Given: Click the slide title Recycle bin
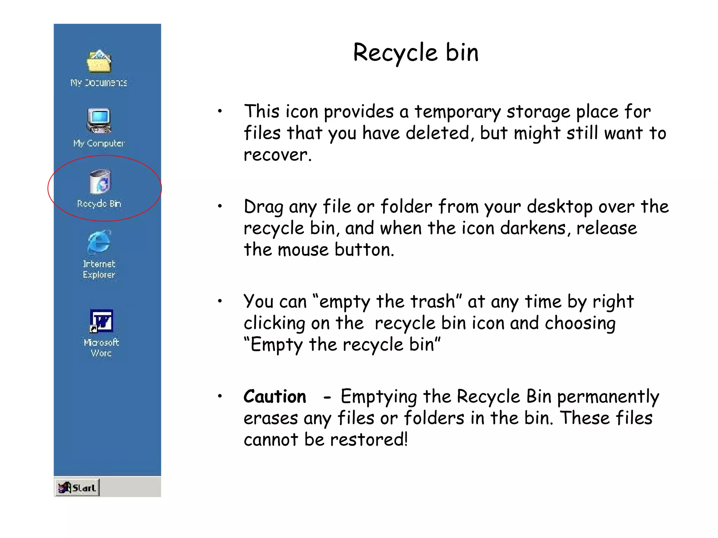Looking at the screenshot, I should (415, 53).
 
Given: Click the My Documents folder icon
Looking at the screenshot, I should (99, 61).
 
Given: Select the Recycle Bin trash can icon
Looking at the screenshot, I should (100, 182).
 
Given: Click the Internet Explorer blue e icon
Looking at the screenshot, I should (99, 242).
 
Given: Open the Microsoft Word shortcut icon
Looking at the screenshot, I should (101, 320).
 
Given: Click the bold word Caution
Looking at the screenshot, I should (275, 396).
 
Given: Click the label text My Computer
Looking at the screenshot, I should (99, 143).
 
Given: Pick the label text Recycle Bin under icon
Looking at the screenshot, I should (99, 204).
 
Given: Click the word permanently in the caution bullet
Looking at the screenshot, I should (608, 397).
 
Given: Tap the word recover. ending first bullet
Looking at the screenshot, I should (277, 155).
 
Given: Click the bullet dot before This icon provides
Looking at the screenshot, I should (220, 112).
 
